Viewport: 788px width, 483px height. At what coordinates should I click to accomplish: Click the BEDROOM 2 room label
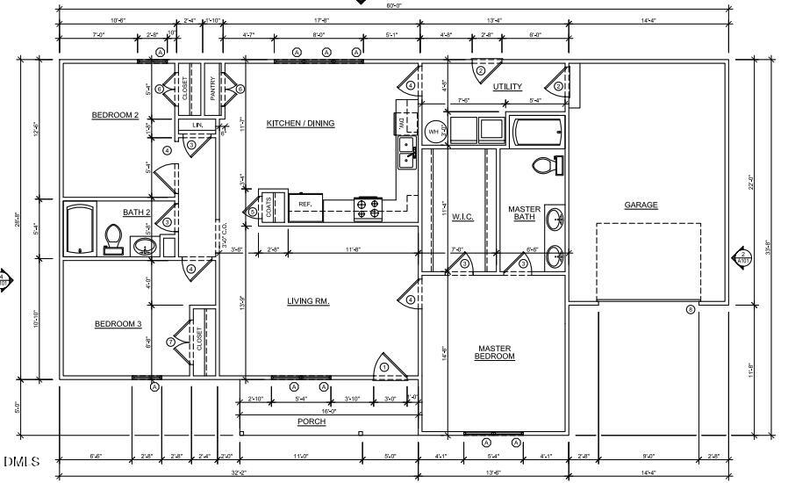click(115, 115)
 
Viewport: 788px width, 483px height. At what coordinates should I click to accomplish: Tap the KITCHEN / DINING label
click(300, 123)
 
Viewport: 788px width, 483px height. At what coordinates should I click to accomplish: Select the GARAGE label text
click(641, 205)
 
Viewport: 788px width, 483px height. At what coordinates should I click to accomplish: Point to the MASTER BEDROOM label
click(494, 352)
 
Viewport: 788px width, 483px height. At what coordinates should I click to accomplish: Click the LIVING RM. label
click(308, 301)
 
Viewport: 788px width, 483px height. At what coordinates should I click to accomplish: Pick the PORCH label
click(311, 422)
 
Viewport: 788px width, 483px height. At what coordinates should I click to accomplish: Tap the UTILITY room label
click(507, 86)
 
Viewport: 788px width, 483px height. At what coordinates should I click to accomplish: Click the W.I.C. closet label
click(462, 217)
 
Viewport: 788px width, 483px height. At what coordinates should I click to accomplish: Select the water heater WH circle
click(433, 132)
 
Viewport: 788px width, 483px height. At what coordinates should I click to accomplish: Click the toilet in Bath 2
click(113, 236)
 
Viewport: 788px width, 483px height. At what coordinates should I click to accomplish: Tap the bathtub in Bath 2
click(80, 229)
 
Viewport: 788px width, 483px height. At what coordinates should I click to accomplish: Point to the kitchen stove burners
click(368, 207)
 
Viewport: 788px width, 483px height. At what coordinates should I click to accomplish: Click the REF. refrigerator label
click(305, 204)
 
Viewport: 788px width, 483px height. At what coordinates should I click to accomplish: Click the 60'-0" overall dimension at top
click(394, 4)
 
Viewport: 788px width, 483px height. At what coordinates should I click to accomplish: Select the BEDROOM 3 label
click(118, 324)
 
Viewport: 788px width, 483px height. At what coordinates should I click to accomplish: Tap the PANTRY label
click(212, 88)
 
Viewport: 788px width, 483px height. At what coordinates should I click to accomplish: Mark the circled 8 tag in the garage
click(691, 309)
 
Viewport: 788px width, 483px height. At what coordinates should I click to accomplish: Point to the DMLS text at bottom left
click(21, 461)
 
